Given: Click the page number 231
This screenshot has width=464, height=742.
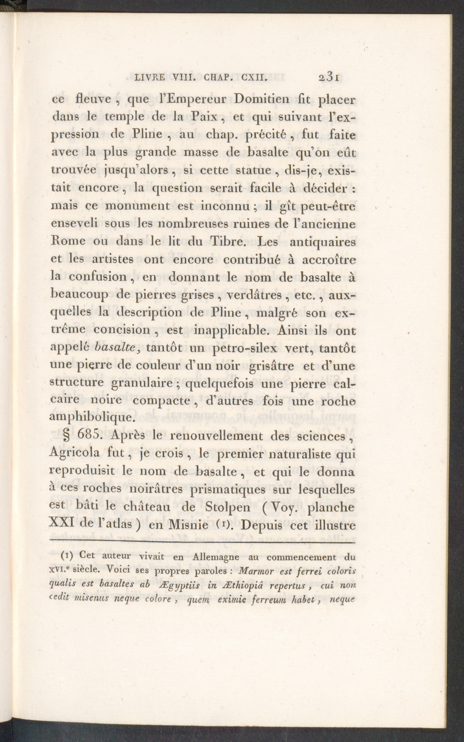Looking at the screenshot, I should tap(329, 78).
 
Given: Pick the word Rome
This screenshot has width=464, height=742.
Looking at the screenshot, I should tap(68, 241).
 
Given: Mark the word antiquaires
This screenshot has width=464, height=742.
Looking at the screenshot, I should tap(323, 241).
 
